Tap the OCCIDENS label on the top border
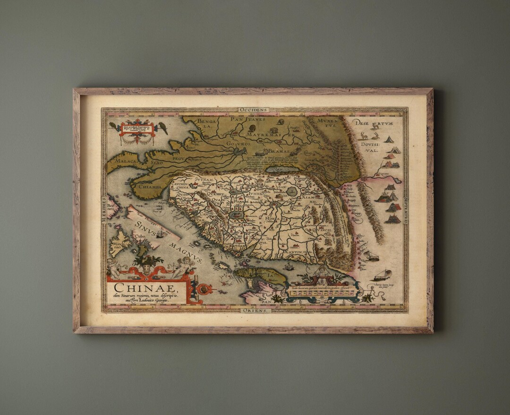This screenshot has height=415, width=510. pos(253,110)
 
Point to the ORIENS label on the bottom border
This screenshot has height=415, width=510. pos(255,311)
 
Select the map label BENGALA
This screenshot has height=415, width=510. pos(206,124)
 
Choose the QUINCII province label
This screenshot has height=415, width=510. pos(324,231)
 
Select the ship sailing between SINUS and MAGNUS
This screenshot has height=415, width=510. pos(160,234)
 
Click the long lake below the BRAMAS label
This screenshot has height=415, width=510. pos(282,169)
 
